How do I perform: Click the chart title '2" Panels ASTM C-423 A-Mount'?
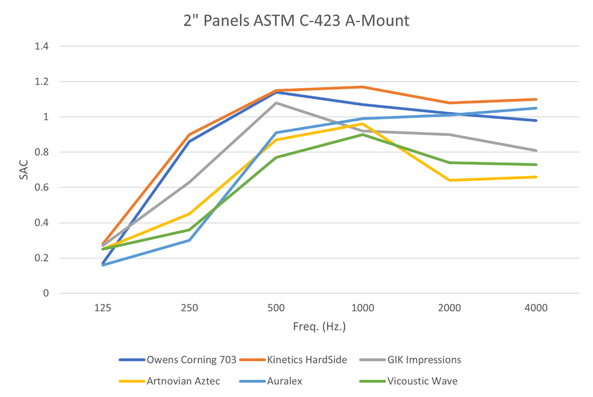click(x=295, y=21)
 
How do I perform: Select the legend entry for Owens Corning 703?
click(x=182, y=359)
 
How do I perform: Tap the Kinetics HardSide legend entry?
click(x=300, y=359)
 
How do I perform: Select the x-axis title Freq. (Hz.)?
click(x=319, y=326)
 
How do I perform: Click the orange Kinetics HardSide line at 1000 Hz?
click(x=363, y=87)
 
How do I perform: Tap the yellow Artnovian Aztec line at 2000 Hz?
click(x=450, y=180)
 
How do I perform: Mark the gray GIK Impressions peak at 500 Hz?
click(x=276, y=103)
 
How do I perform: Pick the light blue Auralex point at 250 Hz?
click(x=189, y=240)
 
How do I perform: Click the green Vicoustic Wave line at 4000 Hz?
click(x=536, y=164)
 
